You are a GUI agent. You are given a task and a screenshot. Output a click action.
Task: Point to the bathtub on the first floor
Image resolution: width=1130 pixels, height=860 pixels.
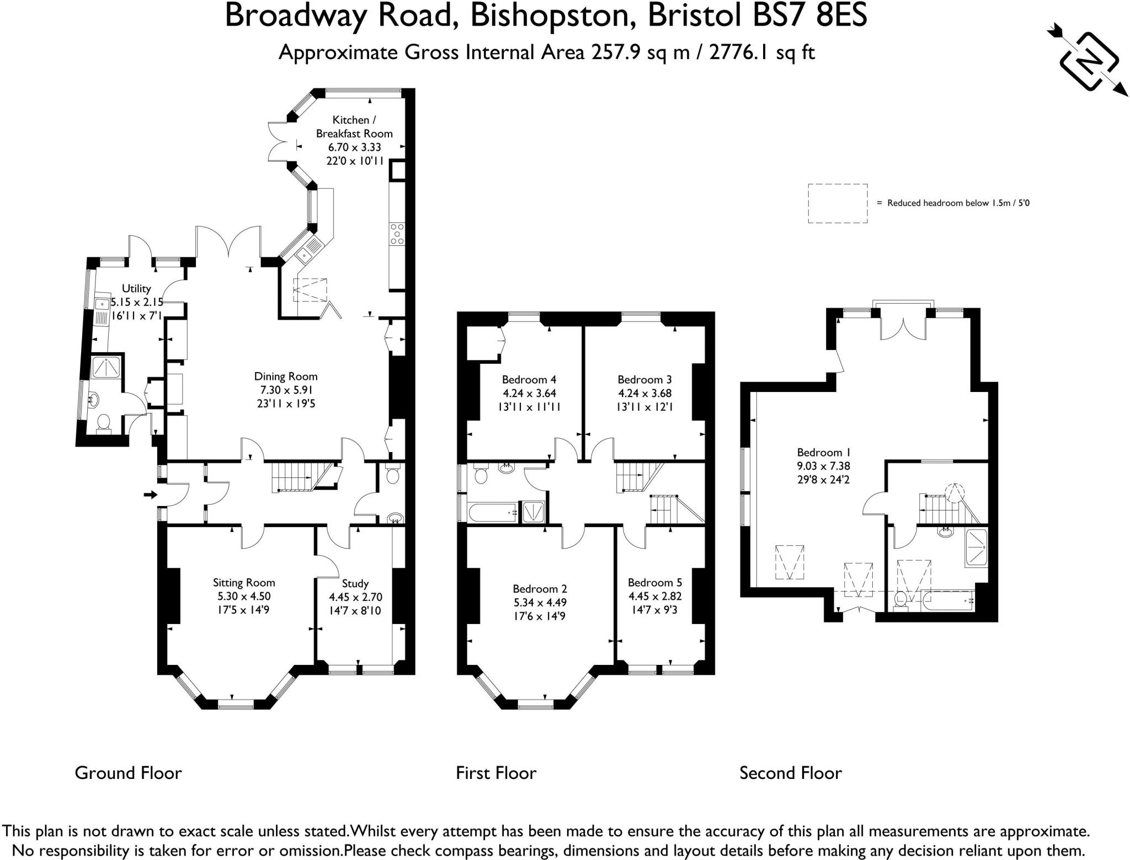click(x=493, y=513)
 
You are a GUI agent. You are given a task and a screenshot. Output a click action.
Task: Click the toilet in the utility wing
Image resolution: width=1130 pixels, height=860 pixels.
click(x=103, y=422)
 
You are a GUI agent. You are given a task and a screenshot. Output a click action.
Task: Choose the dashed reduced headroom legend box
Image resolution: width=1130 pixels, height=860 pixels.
click(x=838, y=203)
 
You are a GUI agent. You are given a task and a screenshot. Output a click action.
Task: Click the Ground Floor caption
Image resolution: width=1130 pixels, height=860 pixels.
click(x=128, y=773)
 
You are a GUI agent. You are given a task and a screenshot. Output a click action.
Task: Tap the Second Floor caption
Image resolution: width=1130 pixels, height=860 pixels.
click(x=791, y=773)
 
